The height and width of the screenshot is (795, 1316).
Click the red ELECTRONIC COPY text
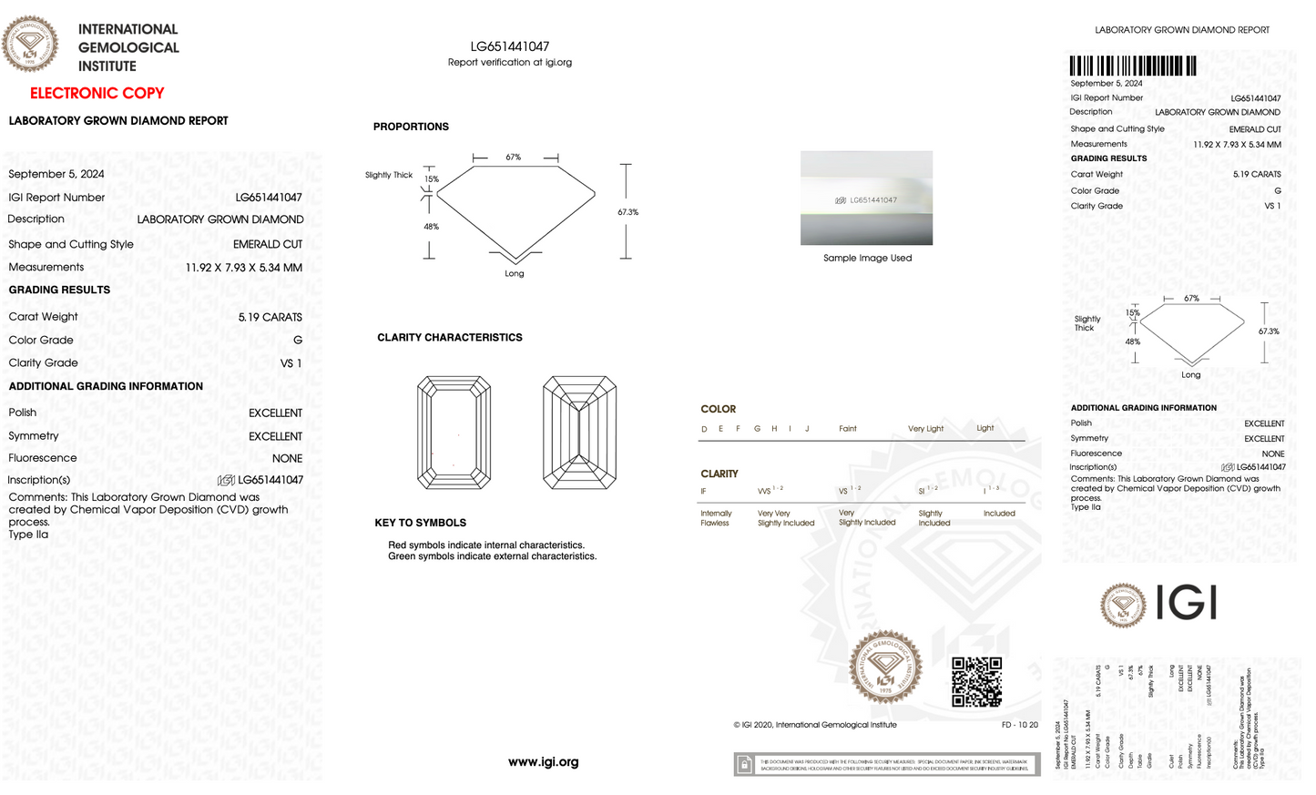(97, 93)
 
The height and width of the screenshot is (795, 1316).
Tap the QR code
(976, 681)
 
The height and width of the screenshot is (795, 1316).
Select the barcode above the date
(1133, 66)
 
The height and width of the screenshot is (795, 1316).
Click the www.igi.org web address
(543, 762)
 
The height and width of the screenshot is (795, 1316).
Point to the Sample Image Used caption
(867, 258)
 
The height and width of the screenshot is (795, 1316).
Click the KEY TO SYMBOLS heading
(420, 523)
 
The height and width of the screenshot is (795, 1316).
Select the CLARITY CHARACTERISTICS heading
(450, 338)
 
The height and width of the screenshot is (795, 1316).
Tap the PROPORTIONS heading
(411, 127)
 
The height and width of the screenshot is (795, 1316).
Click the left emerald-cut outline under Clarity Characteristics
(454, 433)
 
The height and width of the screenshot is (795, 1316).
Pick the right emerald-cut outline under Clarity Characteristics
(579, 433)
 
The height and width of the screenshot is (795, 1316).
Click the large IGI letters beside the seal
(1186, 603)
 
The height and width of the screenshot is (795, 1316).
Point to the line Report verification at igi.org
(510, 63)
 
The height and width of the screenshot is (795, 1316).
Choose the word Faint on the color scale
(847, 429)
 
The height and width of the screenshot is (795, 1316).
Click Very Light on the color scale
(925, 429)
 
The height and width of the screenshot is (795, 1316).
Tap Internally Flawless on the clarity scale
(716, 518)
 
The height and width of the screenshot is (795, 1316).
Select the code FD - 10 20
(1019, 725)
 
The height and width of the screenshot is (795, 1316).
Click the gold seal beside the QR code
(885, 667)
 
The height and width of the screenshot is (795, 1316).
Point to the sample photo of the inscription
(866, 198)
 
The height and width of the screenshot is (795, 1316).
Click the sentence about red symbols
(486, 545)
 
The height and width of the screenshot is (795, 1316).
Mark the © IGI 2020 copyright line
(815, 725)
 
